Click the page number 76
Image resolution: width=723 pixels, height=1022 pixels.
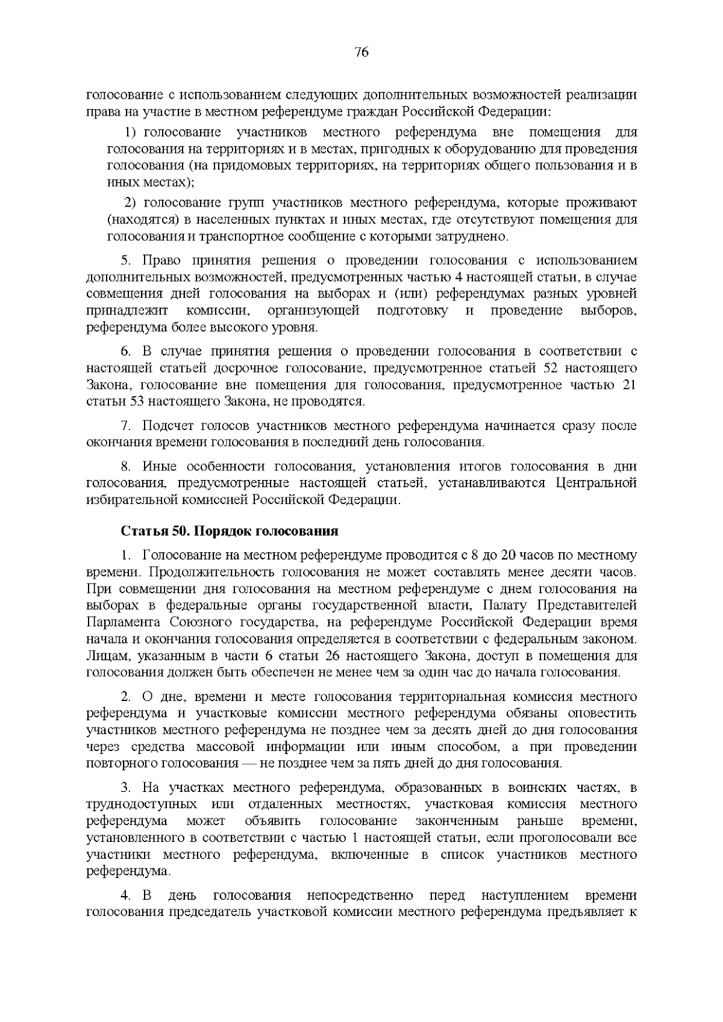[x=361, y=52]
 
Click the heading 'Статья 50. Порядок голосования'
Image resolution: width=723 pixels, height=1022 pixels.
[x=229, y=531]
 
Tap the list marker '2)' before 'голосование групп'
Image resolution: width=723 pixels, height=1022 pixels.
[x=131, y=202]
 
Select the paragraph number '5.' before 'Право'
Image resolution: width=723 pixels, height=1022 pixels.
[x=126, y=260]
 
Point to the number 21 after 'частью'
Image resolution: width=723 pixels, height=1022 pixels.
[x=628, y=385]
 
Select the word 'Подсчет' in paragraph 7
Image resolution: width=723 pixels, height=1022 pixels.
[x=165, y=426]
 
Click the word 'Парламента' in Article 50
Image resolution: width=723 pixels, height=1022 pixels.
[x=123, y=622]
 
